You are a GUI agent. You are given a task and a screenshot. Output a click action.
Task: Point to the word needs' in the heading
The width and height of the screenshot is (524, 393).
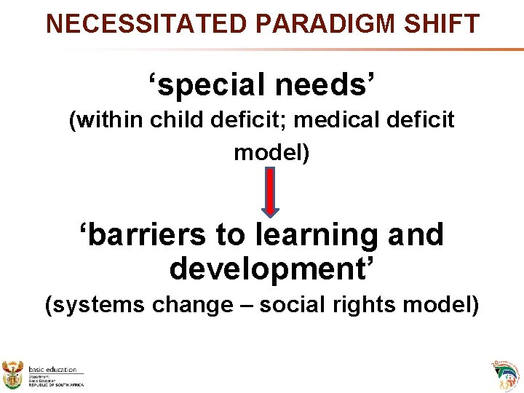pyautogui.click(x=327, y=86)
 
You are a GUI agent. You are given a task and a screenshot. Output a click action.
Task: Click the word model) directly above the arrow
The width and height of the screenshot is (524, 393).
pyautogui.click(x=271, y=153)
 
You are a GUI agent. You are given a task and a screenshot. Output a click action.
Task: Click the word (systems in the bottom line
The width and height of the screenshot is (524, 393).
pyautogui.click(x=95, y=304)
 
